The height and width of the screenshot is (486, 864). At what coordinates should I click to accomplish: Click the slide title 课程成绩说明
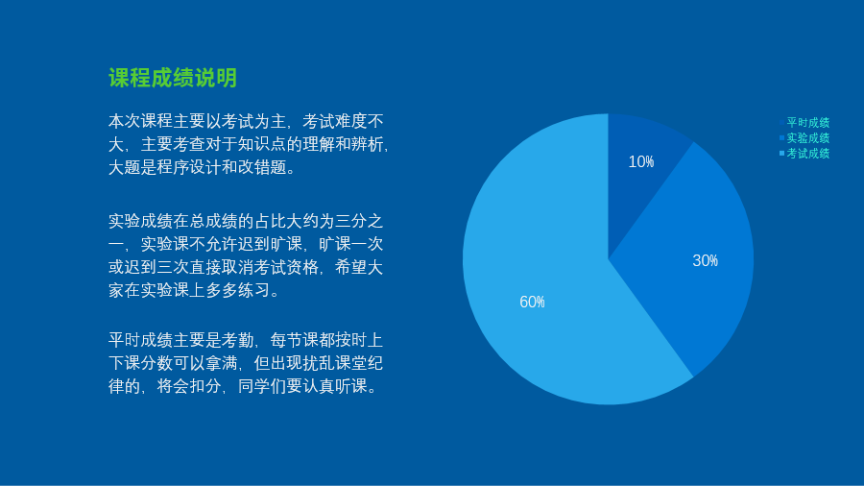pos(173,78)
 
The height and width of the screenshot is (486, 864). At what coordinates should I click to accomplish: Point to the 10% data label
pos(641,161)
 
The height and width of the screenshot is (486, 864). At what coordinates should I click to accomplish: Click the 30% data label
pos(706,260)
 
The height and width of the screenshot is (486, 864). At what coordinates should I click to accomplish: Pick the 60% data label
pos(532,302)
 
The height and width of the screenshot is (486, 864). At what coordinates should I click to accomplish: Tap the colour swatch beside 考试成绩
pos(781,153)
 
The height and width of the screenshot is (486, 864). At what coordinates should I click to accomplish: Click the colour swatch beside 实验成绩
pos(781,137)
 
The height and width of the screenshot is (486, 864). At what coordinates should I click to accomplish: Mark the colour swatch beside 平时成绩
pos(781,122)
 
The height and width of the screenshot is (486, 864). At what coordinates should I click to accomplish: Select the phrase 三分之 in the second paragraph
pos(360,221)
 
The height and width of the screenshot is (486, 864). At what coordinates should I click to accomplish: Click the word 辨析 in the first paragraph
pos(368,144)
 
